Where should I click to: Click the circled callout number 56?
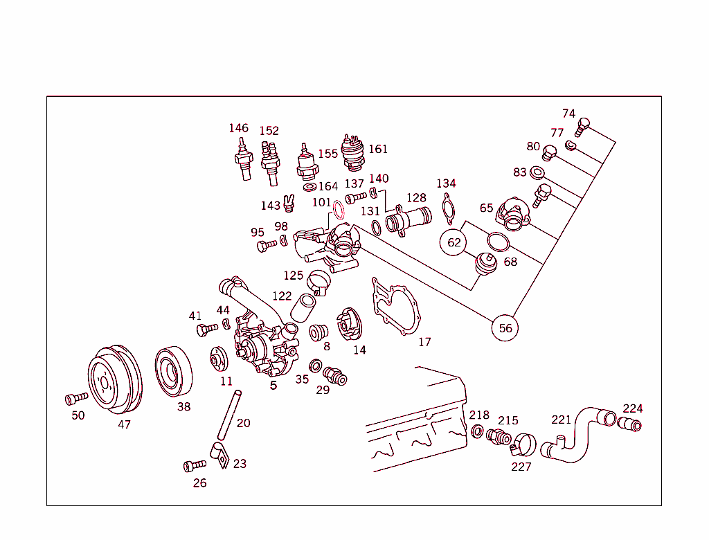tap(506, 327)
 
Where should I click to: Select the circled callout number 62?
tap(454, 242)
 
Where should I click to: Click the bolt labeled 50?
tap(75, 398)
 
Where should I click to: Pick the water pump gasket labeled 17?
tap(396, 308)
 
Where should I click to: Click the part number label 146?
tap(238, 128)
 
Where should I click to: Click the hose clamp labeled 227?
tap(523, 443)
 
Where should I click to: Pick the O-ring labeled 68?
tap(498, 242)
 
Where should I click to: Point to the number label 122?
tap(282, 296)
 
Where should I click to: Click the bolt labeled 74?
tap(582, 127)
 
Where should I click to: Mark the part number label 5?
tap(273, 385)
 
